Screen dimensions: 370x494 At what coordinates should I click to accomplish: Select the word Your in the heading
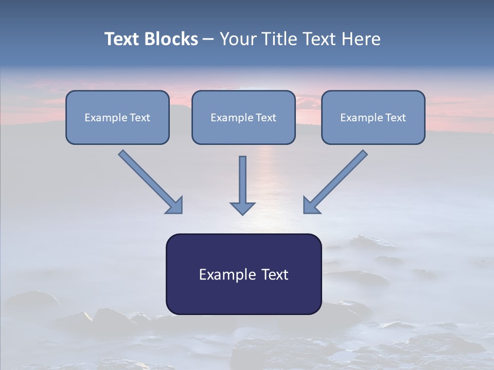coord(239,39)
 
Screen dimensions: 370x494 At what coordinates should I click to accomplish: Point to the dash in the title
coord(208,40)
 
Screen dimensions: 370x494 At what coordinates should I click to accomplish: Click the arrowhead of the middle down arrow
coord(242,208)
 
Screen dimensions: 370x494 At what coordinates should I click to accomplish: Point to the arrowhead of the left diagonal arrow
coord(174,205)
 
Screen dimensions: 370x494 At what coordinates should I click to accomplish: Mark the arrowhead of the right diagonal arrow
coord(311,205)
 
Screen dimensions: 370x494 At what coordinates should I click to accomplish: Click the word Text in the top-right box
coord(395,118)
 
